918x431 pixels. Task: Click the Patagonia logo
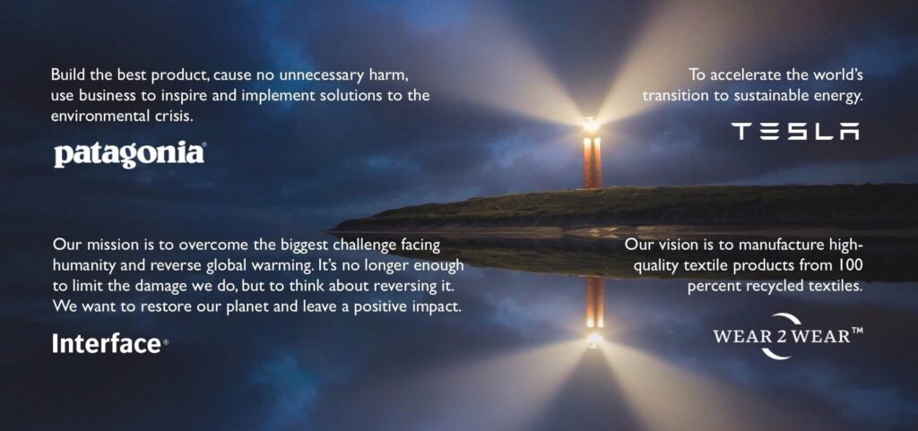tap(130, 154)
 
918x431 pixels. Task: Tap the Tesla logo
tap(795, 131)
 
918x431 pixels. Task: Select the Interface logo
tap(110, 343)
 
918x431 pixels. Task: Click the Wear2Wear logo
tap(788, 336)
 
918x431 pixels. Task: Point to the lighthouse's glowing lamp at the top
tap(592, 125)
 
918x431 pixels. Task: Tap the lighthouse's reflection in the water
tap(593, 310)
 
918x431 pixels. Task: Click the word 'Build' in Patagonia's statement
tap(65, 75)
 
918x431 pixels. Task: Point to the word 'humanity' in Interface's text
tap(79, 266)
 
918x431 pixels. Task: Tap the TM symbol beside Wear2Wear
tap(857, 331)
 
